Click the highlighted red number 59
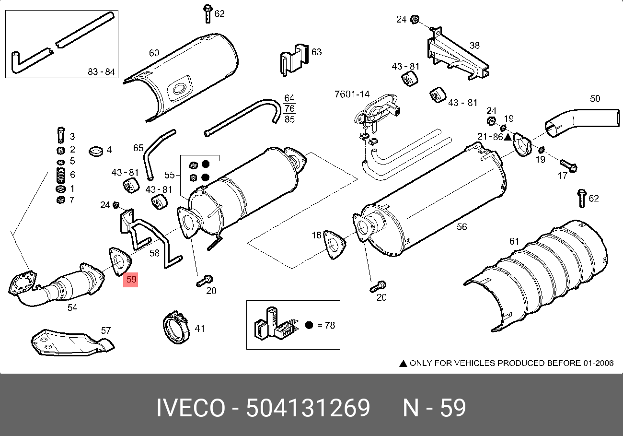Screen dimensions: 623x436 point(131,279)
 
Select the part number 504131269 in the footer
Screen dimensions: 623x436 point(308,408)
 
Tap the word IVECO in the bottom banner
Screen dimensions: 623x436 point(191,408)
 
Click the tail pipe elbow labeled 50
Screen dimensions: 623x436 point(581,122)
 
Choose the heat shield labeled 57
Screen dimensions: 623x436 point(72,343)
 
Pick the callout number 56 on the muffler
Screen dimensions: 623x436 point(461,226)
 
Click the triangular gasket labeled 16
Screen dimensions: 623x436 point(335,245)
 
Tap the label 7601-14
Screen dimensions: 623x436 point(352,94)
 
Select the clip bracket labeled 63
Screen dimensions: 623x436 point(294,60)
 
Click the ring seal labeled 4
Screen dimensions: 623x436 point(96,152)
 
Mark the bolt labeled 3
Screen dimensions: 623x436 point(61,135)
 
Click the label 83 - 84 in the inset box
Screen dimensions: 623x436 point(101,72)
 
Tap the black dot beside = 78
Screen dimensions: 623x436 point(309,325)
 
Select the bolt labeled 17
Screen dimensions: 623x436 point(568,166)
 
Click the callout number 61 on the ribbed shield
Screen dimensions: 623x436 point(514,241)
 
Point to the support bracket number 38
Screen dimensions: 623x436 point(474,46)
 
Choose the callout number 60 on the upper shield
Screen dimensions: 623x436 point(154,53)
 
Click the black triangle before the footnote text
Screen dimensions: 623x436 point(403,364)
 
